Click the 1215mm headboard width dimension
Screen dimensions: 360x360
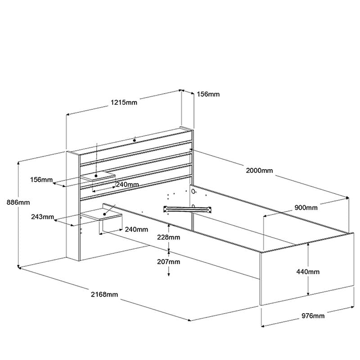point(124,102)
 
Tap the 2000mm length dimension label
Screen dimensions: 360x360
point(260,171)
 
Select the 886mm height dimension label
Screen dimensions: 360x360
point(18,202)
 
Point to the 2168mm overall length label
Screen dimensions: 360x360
point(104,294)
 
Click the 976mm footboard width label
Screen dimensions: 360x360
point(313,316)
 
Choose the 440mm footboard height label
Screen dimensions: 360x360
point(308,272)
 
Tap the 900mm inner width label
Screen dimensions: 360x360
point(306,207)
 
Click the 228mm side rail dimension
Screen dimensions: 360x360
point(168,237)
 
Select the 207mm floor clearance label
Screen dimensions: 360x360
point(168,262)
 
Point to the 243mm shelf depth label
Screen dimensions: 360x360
point(42,217)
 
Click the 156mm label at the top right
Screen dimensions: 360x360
point(208,94)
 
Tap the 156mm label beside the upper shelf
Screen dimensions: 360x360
point(41,180)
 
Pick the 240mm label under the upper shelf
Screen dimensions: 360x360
point(127,184)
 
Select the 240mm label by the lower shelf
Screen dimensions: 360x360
point(136,229)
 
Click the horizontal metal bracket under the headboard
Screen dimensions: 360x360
point(187,209)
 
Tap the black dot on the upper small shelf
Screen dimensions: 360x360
point(96,176)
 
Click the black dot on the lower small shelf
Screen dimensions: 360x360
point(104,214)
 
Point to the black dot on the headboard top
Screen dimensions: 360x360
point(135,140)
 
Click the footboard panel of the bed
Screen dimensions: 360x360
point(307,269)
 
